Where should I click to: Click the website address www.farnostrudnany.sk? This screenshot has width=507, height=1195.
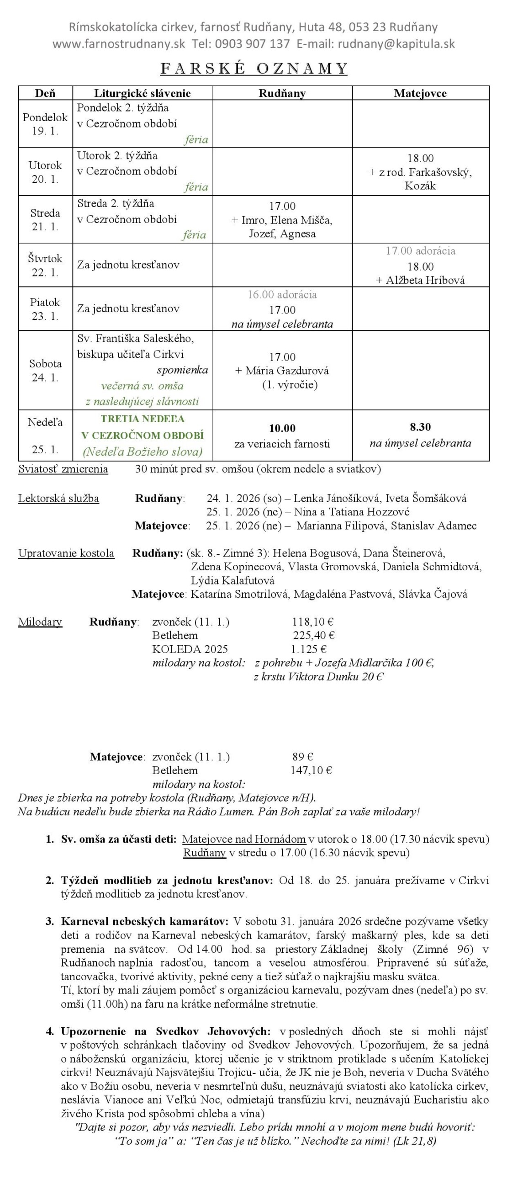(x=119, y=44)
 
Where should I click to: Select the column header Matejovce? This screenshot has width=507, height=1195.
(x=420, y=93)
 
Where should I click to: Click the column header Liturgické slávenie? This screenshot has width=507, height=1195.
(x=143, y=93)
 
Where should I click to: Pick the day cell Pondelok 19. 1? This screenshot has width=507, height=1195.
(x=45, y=124)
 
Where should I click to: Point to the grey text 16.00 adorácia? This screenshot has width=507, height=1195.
(x=282, y=295)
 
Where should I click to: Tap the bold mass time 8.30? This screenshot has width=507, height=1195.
(x=420, y=427)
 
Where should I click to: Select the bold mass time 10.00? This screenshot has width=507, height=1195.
(x=282, y=428)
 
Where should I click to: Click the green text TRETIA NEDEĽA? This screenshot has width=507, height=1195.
(x=143, y=419)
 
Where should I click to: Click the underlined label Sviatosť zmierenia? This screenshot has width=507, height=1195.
(x=63, y=469)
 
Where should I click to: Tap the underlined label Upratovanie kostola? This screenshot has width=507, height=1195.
(x=66, y=553)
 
